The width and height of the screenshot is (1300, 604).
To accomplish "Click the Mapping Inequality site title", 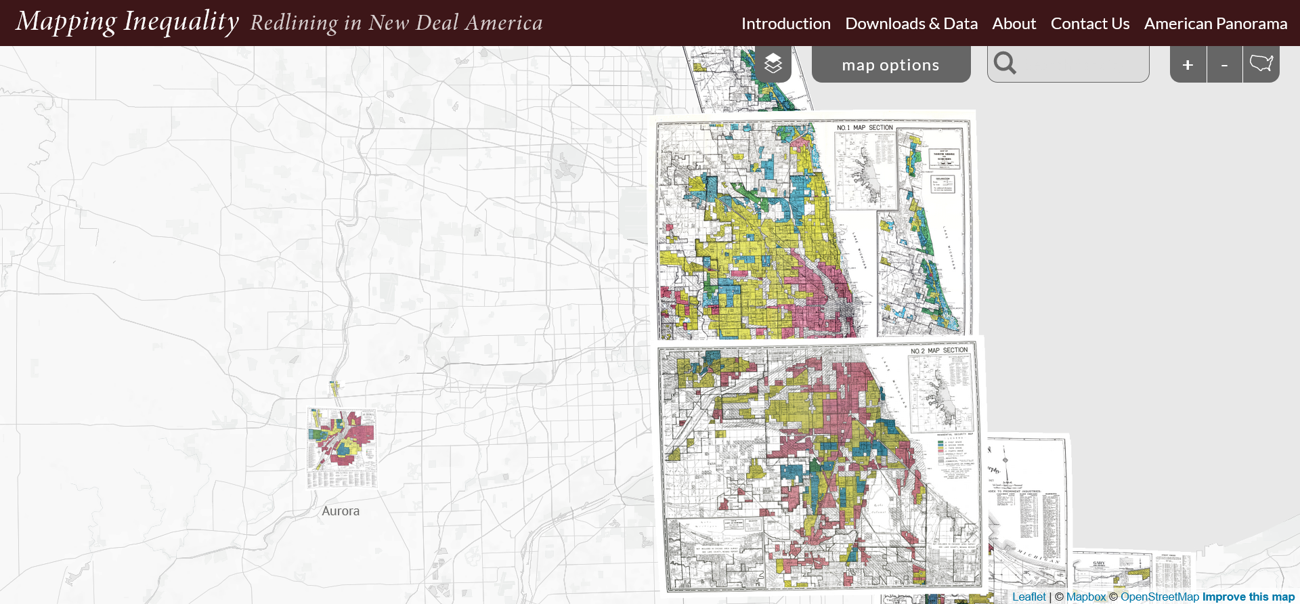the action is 127,22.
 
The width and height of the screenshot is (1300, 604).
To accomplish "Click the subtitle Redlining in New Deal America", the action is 396,23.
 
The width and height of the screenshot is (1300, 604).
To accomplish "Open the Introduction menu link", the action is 785,24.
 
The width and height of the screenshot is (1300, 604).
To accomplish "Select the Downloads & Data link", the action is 911,24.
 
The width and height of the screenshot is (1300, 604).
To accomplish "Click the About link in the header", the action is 1014,24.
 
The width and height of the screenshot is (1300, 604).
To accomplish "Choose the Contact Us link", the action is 1089,24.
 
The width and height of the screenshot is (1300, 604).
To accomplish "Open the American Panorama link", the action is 1215,24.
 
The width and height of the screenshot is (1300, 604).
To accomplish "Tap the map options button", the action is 890,65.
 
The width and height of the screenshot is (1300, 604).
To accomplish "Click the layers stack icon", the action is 773,64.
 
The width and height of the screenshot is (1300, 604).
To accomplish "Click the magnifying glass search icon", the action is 1005,64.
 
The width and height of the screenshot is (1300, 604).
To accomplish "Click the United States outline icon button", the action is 1261,64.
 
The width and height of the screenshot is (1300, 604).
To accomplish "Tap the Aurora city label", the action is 341,511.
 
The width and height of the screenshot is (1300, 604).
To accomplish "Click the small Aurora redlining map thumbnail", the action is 342,447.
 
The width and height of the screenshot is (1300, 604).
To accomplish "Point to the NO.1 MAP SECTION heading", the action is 865,127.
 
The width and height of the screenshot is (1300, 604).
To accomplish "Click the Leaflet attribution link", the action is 1028,597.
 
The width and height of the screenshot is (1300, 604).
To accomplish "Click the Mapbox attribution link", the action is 1085,597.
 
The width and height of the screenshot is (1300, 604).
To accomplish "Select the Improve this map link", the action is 1248,597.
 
